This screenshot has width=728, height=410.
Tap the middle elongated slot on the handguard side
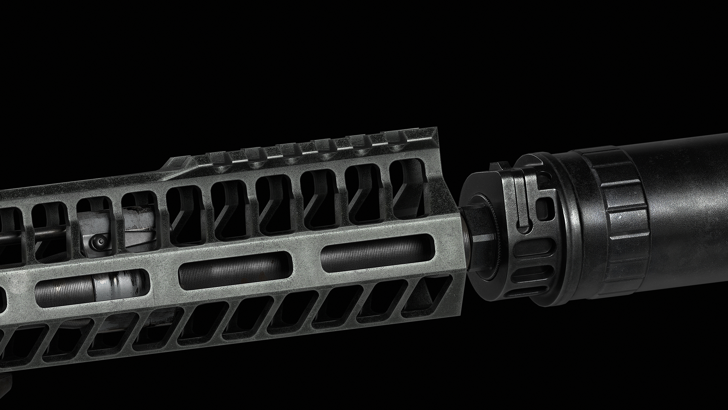[235, 273]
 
